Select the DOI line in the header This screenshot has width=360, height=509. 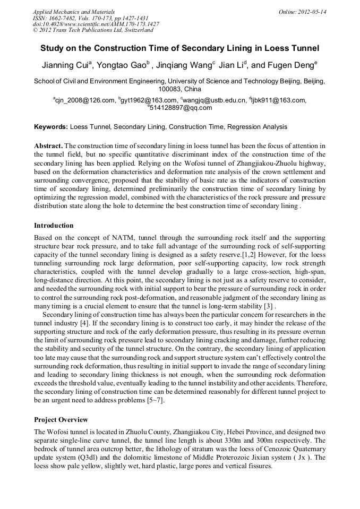96,24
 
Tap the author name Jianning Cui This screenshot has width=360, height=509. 66,66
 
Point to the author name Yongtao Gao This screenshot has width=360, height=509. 123,66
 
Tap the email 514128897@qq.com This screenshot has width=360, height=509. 181,108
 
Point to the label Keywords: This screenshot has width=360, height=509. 51,127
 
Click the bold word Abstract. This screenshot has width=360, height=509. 48,145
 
